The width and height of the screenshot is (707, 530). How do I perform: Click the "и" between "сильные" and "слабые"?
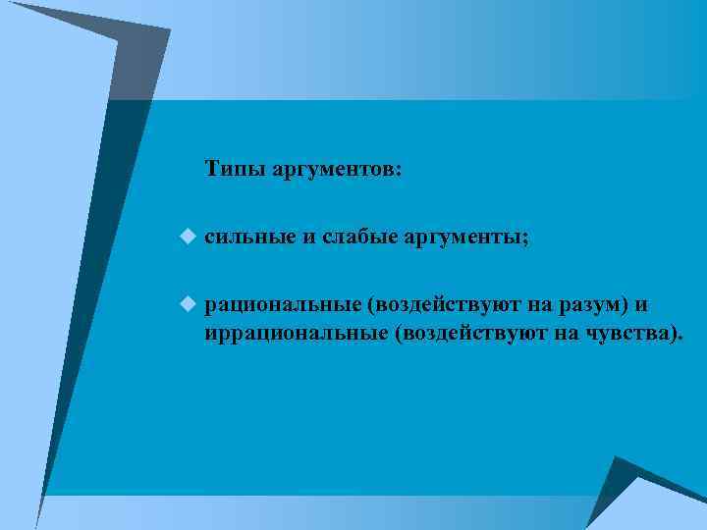click(307, 238)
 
